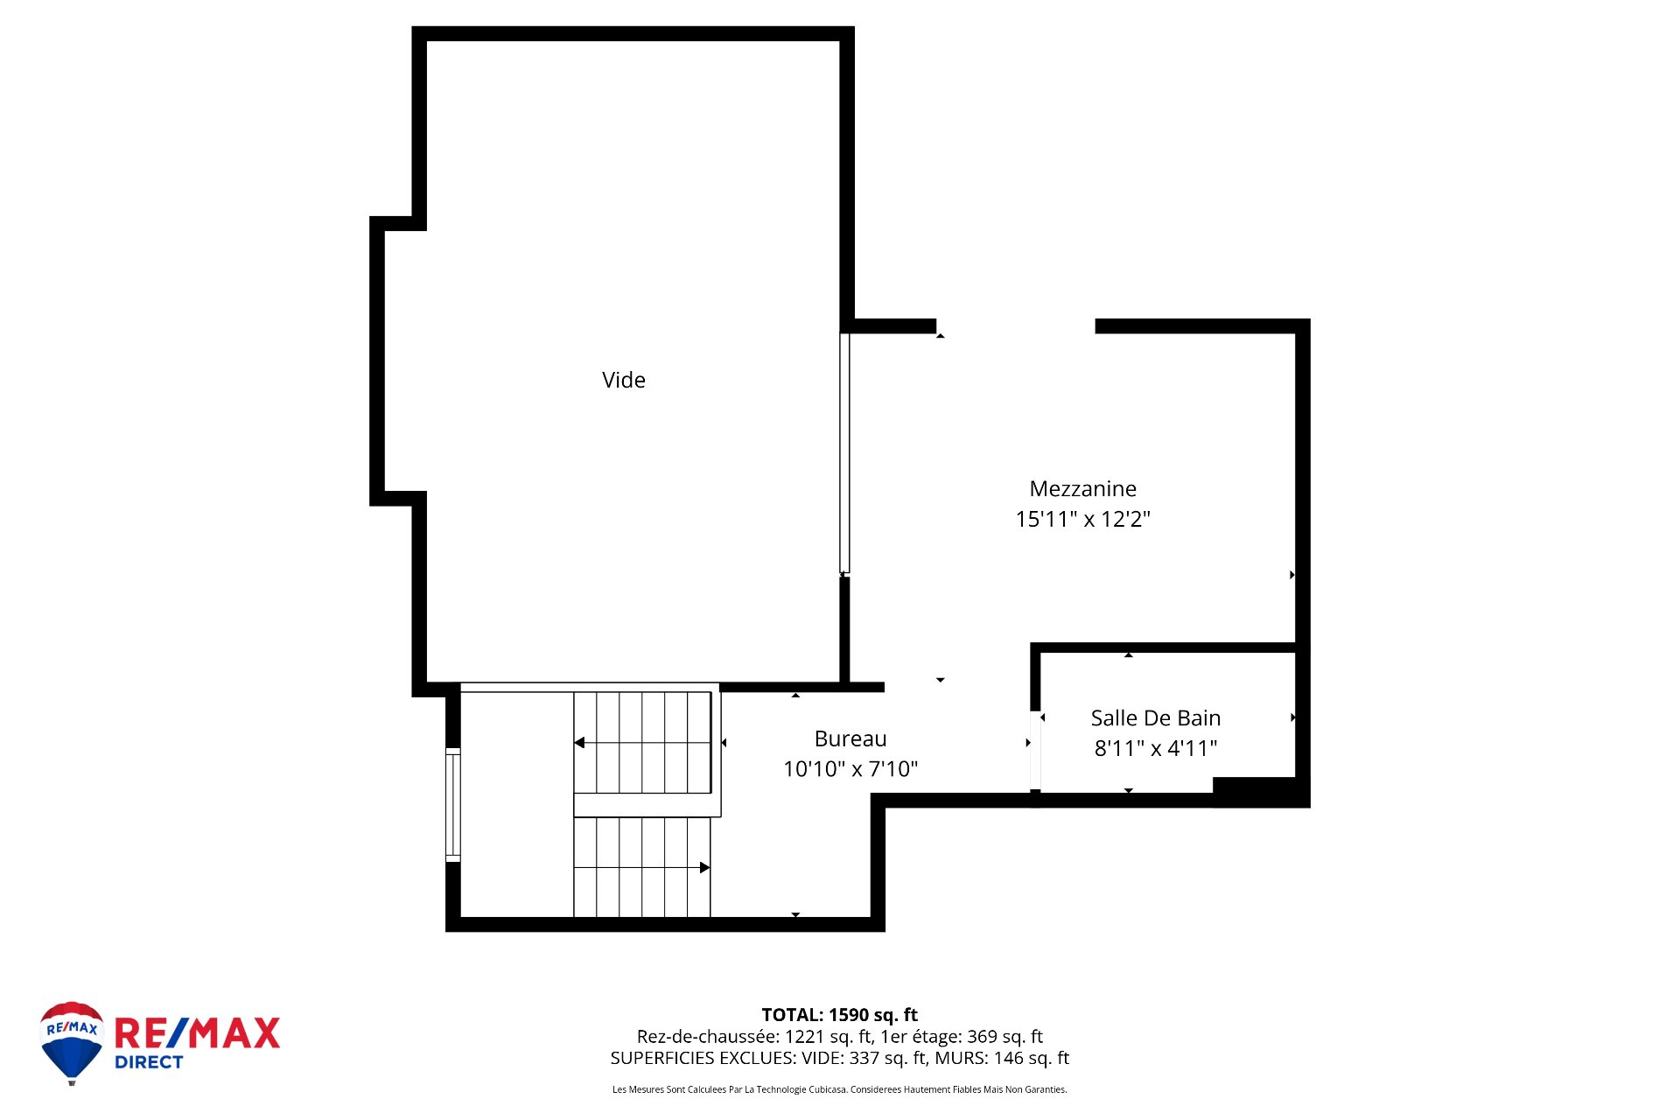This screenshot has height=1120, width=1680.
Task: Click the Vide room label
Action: pyautogui.click(x=624, y=380)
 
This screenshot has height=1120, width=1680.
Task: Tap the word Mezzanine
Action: pyautogui.click(x=1083, y=488)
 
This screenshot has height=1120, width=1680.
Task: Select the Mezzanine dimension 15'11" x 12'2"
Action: pyautogui.click(x=1083, y=519)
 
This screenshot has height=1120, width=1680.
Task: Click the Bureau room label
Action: pyautogui.click(x=850, y=738)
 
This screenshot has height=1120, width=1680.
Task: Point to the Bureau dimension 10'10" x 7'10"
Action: pyautogui.click(x=850, y=769)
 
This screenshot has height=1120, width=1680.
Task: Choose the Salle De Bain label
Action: pyautogui.click(x=1156, y=717)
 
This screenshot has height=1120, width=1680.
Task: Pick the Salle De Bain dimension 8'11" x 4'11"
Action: pyautogui.click(x=1156, y=748)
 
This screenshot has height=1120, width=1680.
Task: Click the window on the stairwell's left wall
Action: pyautogui.click(x=453, y=805)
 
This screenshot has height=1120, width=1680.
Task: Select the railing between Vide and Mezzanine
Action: pyautogui.click(x=844, y=453)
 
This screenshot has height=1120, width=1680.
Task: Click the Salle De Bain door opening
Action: pyautogui.click(x=1035, y=750)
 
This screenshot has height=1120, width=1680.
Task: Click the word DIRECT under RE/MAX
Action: pyautogui.click(x=149, y=1062)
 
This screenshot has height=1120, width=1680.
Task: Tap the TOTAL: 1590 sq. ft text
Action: pyautogui.click(x=840, y=1015)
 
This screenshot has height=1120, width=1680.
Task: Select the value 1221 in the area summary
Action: pyautogui.click(x=804, y=1037)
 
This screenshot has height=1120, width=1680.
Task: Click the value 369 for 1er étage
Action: pyautogui.click(x=982, y=1037)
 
